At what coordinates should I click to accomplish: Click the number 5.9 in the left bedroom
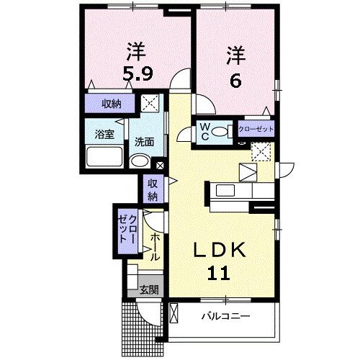click(x=137, y=73)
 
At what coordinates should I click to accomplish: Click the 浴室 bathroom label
click(x=105, y=134)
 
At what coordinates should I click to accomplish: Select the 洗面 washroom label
click(x=144, y=141)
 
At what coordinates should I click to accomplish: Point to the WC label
click(x=205, y=132)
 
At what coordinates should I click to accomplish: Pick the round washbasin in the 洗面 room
click(x=143, y=161)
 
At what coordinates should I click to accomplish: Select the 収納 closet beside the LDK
click(x=153, y=189)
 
